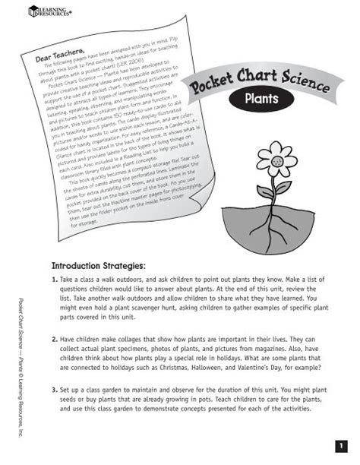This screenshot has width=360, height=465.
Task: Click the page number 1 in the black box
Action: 340,443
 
